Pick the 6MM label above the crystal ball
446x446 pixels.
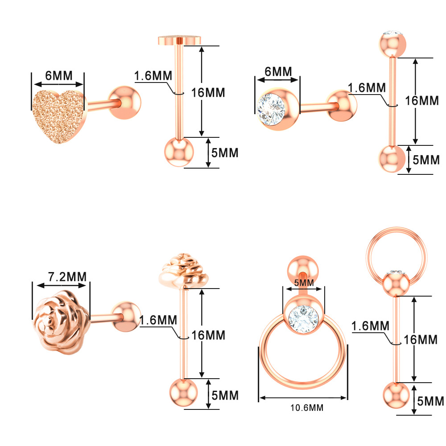(278, 71)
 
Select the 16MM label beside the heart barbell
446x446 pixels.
(208, 93)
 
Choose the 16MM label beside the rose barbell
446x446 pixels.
(208, 335)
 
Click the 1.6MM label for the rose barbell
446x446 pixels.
(158, 320)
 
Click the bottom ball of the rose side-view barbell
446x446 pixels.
(183, 392)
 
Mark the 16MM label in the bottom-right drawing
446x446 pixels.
(420, 339)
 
